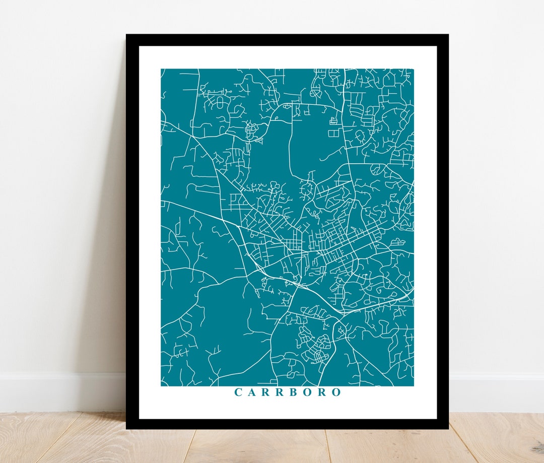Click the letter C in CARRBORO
click(x=238, y=392)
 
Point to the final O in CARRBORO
click(x=336, y=392)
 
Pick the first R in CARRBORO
click(x=266, y=392)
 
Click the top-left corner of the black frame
click(x=126, y=35)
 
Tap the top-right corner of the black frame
click(x=448, y=35)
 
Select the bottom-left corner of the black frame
click(x=126, y=428)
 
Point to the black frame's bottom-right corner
click(x=448, y=428)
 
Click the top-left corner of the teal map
click(x=161, y=69)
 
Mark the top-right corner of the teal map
click(x=413, y=69)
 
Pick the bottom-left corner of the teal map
click(x=161, y=386)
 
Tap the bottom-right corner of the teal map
click(x=413, y=386)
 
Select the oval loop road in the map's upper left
click(x=220, y=103)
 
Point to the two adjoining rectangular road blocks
click(x=334, y=133)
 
